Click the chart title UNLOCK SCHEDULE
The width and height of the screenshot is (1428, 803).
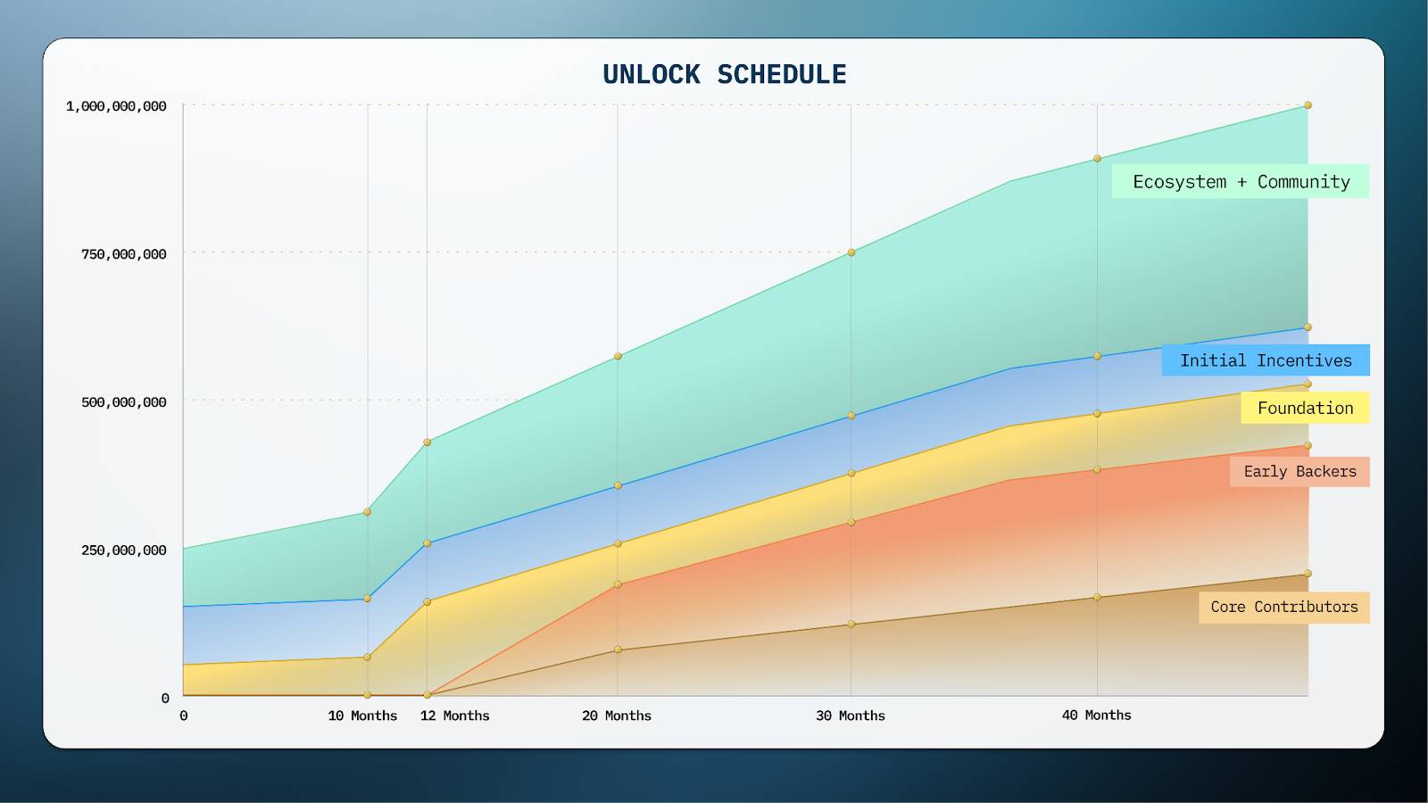click(x=724, y=74)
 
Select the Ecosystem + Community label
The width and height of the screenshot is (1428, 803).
click(x=1241, y=182)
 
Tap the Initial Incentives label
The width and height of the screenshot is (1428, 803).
click(x=1266, y=360)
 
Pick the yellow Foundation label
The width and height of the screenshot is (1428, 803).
click(x=1305, y=409)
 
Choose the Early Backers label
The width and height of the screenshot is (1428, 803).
click(x=1299, y=472)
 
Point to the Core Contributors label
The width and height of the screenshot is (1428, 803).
click(x=1283, y=608)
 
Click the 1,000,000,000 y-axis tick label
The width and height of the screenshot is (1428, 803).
click(x=116, y=106)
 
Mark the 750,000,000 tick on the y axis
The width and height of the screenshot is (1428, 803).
click(x=124, y=254)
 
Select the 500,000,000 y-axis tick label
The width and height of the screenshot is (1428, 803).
click(x=124, y=402)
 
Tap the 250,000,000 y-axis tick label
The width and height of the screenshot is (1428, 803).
click(x=124, y=551)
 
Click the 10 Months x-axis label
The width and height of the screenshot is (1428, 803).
click(x=362, y=716)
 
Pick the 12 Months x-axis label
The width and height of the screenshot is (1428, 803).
click(x=455, y=716)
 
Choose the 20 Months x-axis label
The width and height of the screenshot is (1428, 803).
click(x=617, y=716)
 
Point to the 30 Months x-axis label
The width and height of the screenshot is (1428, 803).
click(x=851, y=716)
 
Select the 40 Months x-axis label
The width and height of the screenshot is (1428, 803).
click(x=1096, y=716)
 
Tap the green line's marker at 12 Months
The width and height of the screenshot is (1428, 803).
click(x=428, y=442)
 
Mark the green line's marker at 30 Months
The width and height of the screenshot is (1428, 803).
click(x=851, y=252)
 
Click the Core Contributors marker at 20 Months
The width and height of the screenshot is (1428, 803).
click(x=618, y=650)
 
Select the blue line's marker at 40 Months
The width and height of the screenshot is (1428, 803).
click(x=1097, y=356)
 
